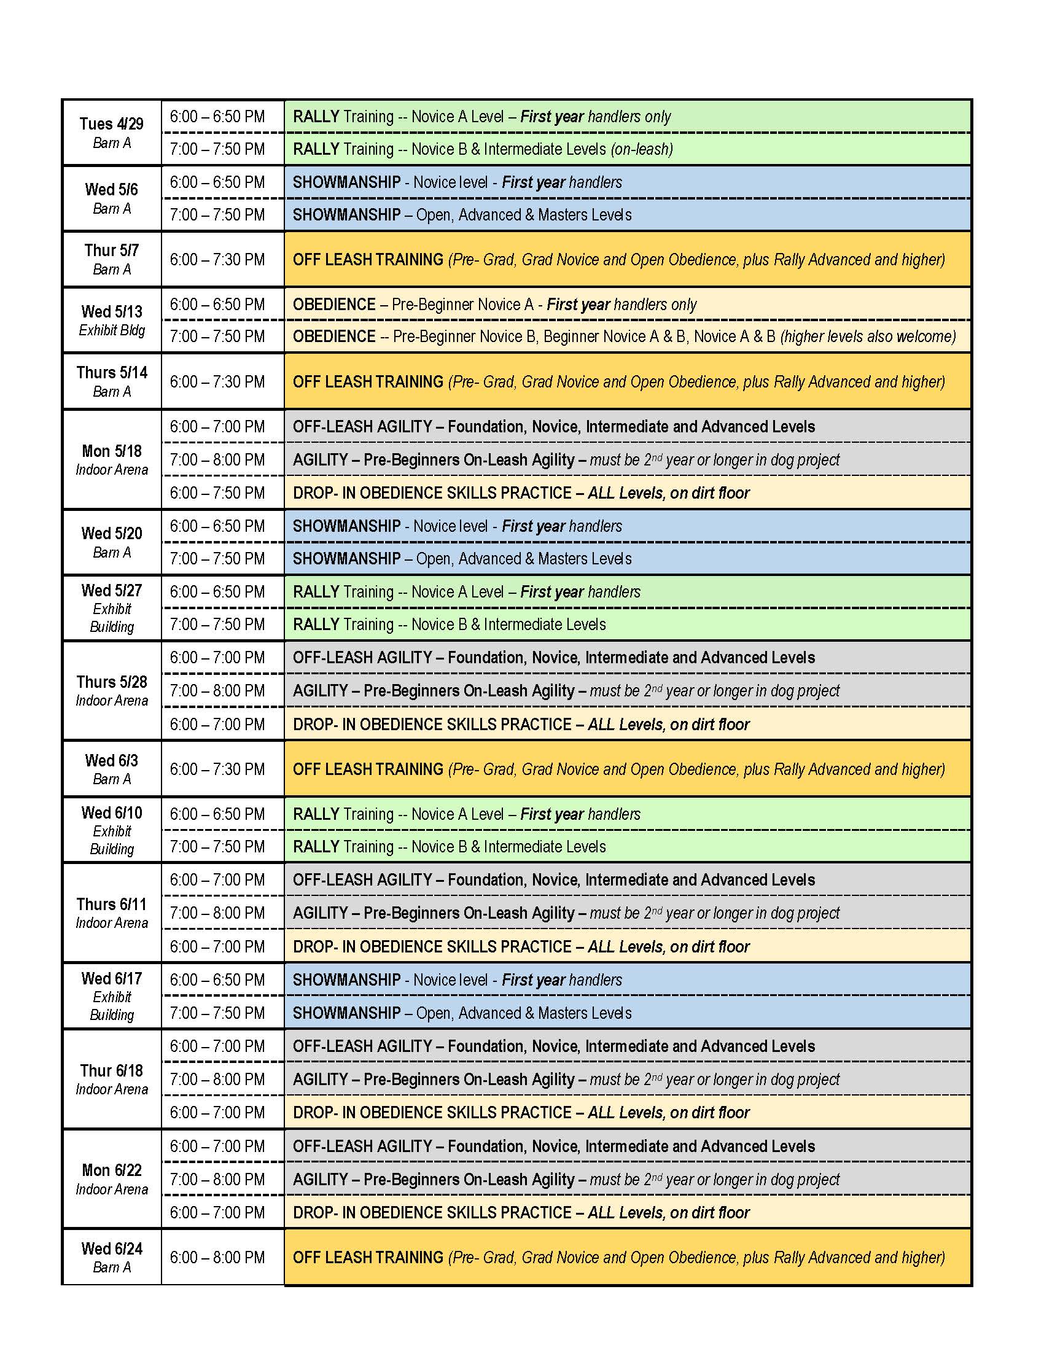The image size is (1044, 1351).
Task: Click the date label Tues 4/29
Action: (111, 123)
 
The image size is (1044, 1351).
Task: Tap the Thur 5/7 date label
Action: (111, 250)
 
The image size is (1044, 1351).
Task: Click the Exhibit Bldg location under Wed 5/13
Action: (111, 330)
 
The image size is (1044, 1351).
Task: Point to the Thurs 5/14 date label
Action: (111, 372)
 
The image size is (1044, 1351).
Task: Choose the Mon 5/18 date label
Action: (111, 451)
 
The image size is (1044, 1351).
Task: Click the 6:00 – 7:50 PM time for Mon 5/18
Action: (217, 493)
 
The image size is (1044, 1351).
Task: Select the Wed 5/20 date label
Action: (111, 533)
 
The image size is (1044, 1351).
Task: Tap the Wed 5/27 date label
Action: (111, 591)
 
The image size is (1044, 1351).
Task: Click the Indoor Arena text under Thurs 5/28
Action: (111, 701)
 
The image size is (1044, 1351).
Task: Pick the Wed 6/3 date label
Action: (111, 760)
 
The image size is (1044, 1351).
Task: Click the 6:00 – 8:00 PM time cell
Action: (217, 1258)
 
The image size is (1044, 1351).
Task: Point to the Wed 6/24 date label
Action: (111, 1249)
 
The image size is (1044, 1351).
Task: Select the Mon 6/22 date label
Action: (111, 1170)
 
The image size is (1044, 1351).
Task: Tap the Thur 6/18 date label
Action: (111, 1071)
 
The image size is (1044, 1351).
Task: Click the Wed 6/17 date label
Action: (111, 979)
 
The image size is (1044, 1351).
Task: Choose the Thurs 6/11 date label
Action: (111, 905)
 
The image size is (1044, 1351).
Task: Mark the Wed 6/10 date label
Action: (111, 813)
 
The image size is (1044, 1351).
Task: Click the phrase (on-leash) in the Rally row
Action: (641, 149)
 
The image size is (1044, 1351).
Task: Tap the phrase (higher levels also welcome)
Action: (868, 337)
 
